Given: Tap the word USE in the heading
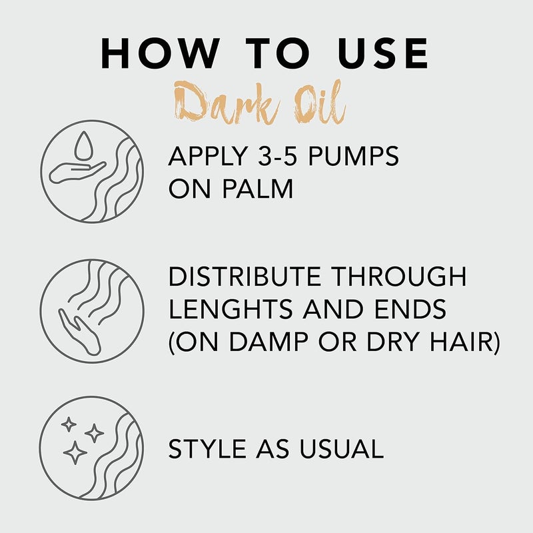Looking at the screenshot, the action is (x=383, y=53).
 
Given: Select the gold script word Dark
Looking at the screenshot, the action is (x=227, y=103).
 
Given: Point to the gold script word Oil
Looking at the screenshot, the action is (x=320, y=102).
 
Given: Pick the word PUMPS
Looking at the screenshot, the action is (x=353, y=157).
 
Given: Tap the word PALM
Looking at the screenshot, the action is (x=258, y=189).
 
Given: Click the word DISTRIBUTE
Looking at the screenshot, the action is (x=245, y=276).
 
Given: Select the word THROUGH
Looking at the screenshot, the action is (x=398, y=276).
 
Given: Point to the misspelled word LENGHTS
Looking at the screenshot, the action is (x=231, y=309).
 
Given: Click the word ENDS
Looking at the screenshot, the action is (x=410, y=309).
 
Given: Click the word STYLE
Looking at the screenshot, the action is (x=207, y=448).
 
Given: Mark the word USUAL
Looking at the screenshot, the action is (x=342, y=448).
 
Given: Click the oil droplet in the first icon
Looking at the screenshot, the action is (x=83, y=145).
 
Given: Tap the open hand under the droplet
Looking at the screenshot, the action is (x=77, y=172).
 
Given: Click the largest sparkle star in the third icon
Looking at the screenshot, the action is (x=75, y=453).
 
